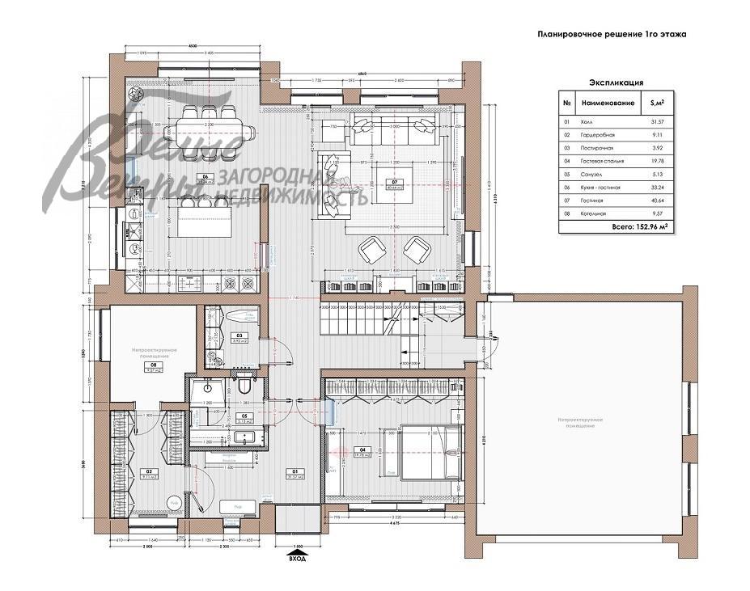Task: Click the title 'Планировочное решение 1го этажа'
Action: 612,35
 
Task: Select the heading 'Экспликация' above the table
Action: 616,82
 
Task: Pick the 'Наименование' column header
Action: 606,103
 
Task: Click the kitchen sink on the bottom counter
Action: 192,283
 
